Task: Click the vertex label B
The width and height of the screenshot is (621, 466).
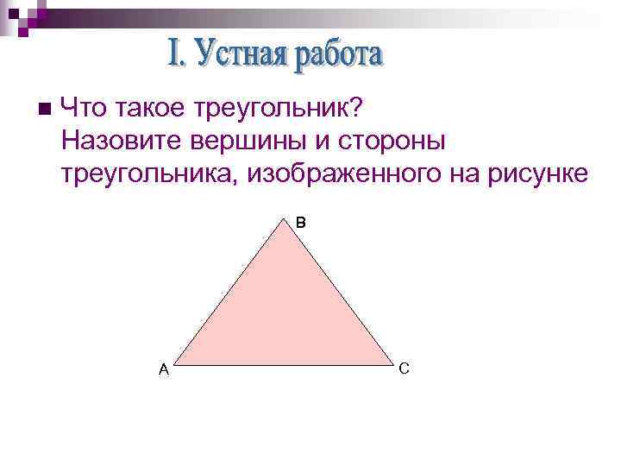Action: coord(300,223)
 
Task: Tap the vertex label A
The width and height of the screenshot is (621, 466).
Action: coord(163,370)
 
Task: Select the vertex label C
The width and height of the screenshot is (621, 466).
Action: coord(405,368)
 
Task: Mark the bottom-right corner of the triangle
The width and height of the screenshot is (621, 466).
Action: coord(393,362)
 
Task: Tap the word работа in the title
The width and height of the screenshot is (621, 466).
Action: coord(337,57)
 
